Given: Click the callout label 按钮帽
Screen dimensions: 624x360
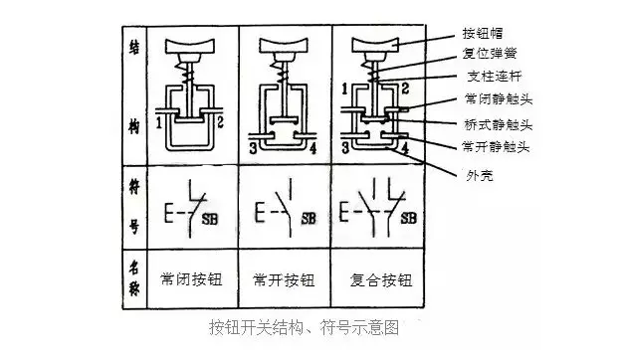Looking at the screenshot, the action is tap(483, 34).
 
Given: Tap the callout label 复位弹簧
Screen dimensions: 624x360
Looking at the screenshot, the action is tap(490, 54).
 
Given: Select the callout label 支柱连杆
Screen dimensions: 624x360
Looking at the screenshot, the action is tap(495, 76).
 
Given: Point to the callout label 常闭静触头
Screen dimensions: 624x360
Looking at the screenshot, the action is tap(499, 98).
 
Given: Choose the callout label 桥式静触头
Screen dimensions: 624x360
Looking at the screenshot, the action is tap(499, 125).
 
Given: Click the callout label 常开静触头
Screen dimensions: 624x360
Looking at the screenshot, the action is tap(496, 147).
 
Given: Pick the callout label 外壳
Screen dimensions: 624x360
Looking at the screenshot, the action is tap(480, 175).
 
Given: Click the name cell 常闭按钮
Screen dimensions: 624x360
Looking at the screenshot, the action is tap(191, 279).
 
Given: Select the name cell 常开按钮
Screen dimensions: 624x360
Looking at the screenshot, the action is tap(284, 280).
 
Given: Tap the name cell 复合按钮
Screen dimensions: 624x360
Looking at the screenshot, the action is tap(381, 280).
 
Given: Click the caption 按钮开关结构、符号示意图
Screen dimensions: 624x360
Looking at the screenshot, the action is tap(305, 328).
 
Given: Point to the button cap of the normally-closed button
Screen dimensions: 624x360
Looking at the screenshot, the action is tap(190, 46).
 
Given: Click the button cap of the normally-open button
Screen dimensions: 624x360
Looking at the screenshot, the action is tap(284, 46).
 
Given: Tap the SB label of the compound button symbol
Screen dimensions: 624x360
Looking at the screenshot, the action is tap(409, 218).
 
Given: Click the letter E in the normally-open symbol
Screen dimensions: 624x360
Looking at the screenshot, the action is tap(260, 212).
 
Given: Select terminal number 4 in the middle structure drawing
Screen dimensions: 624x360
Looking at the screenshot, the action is tap(312, 149).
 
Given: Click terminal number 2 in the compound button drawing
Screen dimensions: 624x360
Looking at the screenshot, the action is tap(405, 89).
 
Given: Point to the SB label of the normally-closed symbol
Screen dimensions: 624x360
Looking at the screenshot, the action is tap(210, 219).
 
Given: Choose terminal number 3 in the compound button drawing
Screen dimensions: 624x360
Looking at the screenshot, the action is tap(345, 148).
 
